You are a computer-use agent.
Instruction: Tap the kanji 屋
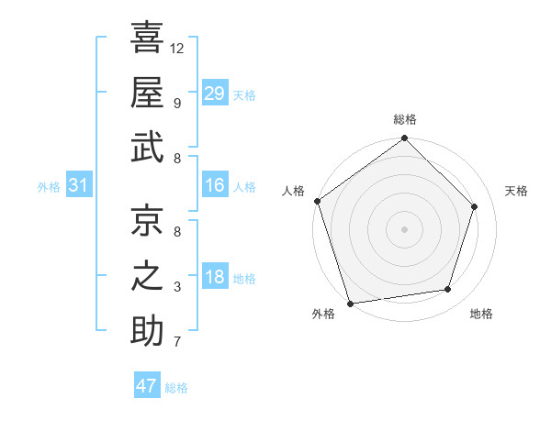tap(147, 93)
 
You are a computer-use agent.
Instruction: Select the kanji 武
tap(147, 149)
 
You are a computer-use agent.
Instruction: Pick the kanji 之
tap(147, 277)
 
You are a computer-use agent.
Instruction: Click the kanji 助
tap(147, 332)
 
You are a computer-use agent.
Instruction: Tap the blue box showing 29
tap(214, 94)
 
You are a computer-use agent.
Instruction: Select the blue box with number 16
tap(214, 186)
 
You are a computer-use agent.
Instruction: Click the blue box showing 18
tap(214, 278)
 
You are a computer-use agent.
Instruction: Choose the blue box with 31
tap(78, 186)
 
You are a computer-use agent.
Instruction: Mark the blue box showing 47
tap(146, 386)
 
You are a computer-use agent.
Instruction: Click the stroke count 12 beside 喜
tap(177, 48)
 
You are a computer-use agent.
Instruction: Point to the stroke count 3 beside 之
tap(176, 287)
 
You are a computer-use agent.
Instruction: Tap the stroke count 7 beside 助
tap(176, 342)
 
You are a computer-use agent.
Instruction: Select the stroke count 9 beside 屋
tap(176, 103)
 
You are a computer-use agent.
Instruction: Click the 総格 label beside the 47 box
tap(176, 388)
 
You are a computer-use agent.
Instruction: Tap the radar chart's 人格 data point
tap(318, 201)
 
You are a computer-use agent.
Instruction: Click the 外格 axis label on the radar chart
tap(322, 315)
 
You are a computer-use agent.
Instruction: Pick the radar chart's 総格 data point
tap(404, 139)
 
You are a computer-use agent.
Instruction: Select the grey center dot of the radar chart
tap(404, 229)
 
